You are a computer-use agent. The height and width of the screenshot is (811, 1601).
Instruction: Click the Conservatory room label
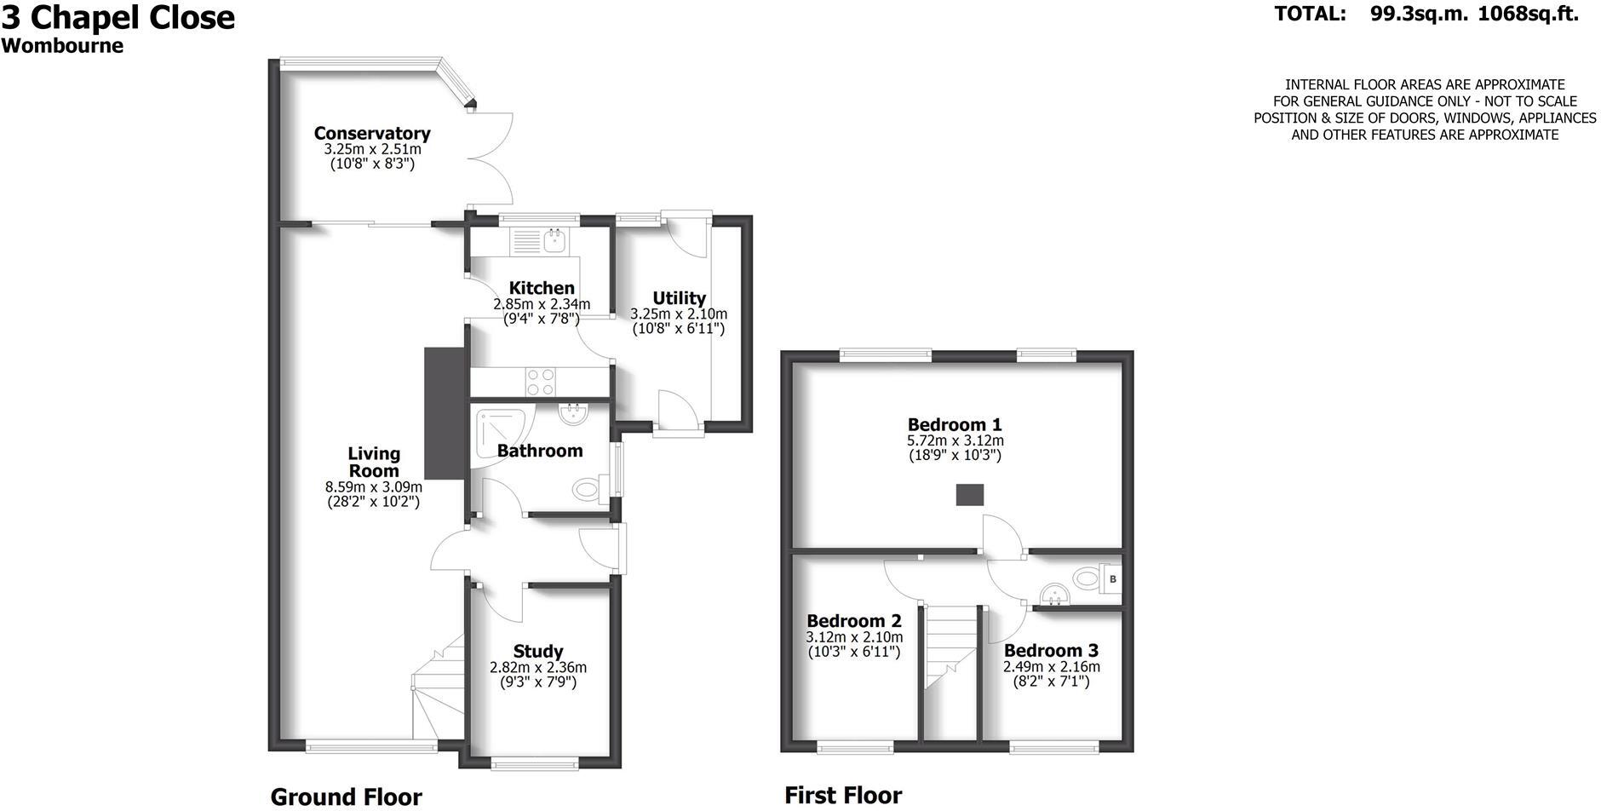pyautogui.click(x=372, y=133)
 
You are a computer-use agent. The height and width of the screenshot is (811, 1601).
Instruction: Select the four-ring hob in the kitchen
pyautogui.click(x=540, y=381)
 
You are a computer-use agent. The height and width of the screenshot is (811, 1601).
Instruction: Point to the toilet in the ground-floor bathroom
pyautogui.click(x=588, y=490)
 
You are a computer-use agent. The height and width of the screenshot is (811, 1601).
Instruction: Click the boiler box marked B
pyautogui.click(x=1111, y=579)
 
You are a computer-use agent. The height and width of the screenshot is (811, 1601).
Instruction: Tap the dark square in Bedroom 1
pyautogui.click(x=969, y=494)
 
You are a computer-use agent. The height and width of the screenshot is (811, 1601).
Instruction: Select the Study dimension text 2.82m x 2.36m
pyautogui.click(x=538, y=668)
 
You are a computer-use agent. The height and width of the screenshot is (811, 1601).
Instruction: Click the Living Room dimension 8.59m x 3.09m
pyautogui.click(x=374, y=487)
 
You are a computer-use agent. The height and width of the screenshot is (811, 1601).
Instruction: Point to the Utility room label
pyautogui.click(x=679, y=298)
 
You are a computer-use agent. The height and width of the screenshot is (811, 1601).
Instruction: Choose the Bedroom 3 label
pyautogui.click(x=1051, y=652)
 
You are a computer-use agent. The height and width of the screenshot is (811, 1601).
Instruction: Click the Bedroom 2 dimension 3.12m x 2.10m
pyautogui.click(x=854, y=637)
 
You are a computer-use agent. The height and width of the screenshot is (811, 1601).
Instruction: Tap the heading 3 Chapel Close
pyautogui.click(x=118, y=17)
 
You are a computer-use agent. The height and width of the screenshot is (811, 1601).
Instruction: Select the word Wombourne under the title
pyautogui.click(x=62, y=46)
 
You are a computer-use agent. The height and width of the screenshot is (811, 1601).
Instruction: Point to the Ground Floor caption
pyautogui.click(x=346, y=797)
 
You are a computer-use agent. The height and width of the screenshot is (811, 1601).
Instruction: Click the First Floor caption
pyautogui.click(x=842, y=796)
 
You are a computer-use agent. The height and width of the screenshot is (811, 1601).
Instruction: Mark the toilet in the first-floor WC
pyautogui.click(x=1085, y=578)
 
